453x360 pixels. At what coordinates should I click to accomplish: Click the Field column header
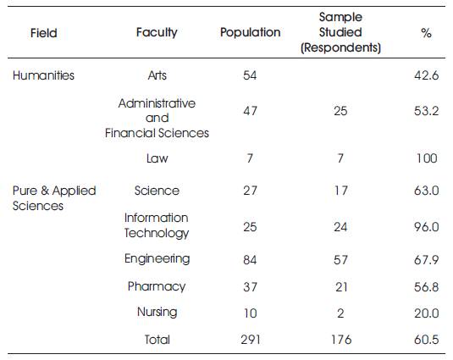(44, 33)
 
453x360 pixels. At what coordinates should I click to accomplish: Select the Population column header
(250, 32)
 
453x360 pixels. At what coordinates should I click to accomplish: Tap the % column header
(427, 33)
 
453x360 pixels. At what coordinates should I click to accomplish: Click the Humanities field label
(43, 75)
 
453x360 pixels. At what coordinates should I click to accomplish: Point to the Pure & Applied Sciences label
(54, 198)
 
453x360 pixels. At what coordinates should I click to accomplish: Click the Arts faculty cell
(157, 75)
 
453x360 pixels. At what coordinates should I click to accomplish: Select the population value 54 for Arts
(250, 75)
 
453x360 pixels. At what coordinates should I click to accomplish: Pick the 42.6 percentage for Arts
(427, 75)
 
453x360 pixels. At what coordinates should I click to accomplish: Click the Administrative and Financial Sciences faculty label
(157, 118)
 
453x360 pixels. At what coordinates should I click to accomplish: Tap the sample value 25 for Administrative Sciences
(340, 111)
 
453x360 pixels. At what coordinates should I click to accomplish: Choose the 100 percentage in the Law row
(427, 158)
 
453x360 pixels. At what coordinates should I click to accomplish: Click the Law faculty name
(157, 158)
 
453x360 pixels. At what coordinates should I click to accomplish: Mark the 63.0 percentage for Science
(427, 191)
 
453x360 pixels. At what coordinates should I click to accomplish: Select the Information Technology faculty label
(157, 225)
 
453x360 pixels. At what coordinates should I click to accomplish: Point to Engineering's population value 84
(250, 260)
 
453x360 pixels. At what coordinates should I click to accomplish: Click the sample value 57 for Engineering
(340, 260)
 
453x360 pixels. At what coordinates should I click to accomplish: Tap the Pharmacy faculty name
(157, 286)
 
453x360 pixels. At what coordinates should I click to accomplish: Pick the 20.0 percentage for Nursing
(427, 313)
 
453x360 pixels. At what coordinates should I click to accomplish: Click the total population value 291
(251, 340)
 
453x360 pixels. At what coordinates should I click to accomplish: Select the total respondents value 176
(341, 340)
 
